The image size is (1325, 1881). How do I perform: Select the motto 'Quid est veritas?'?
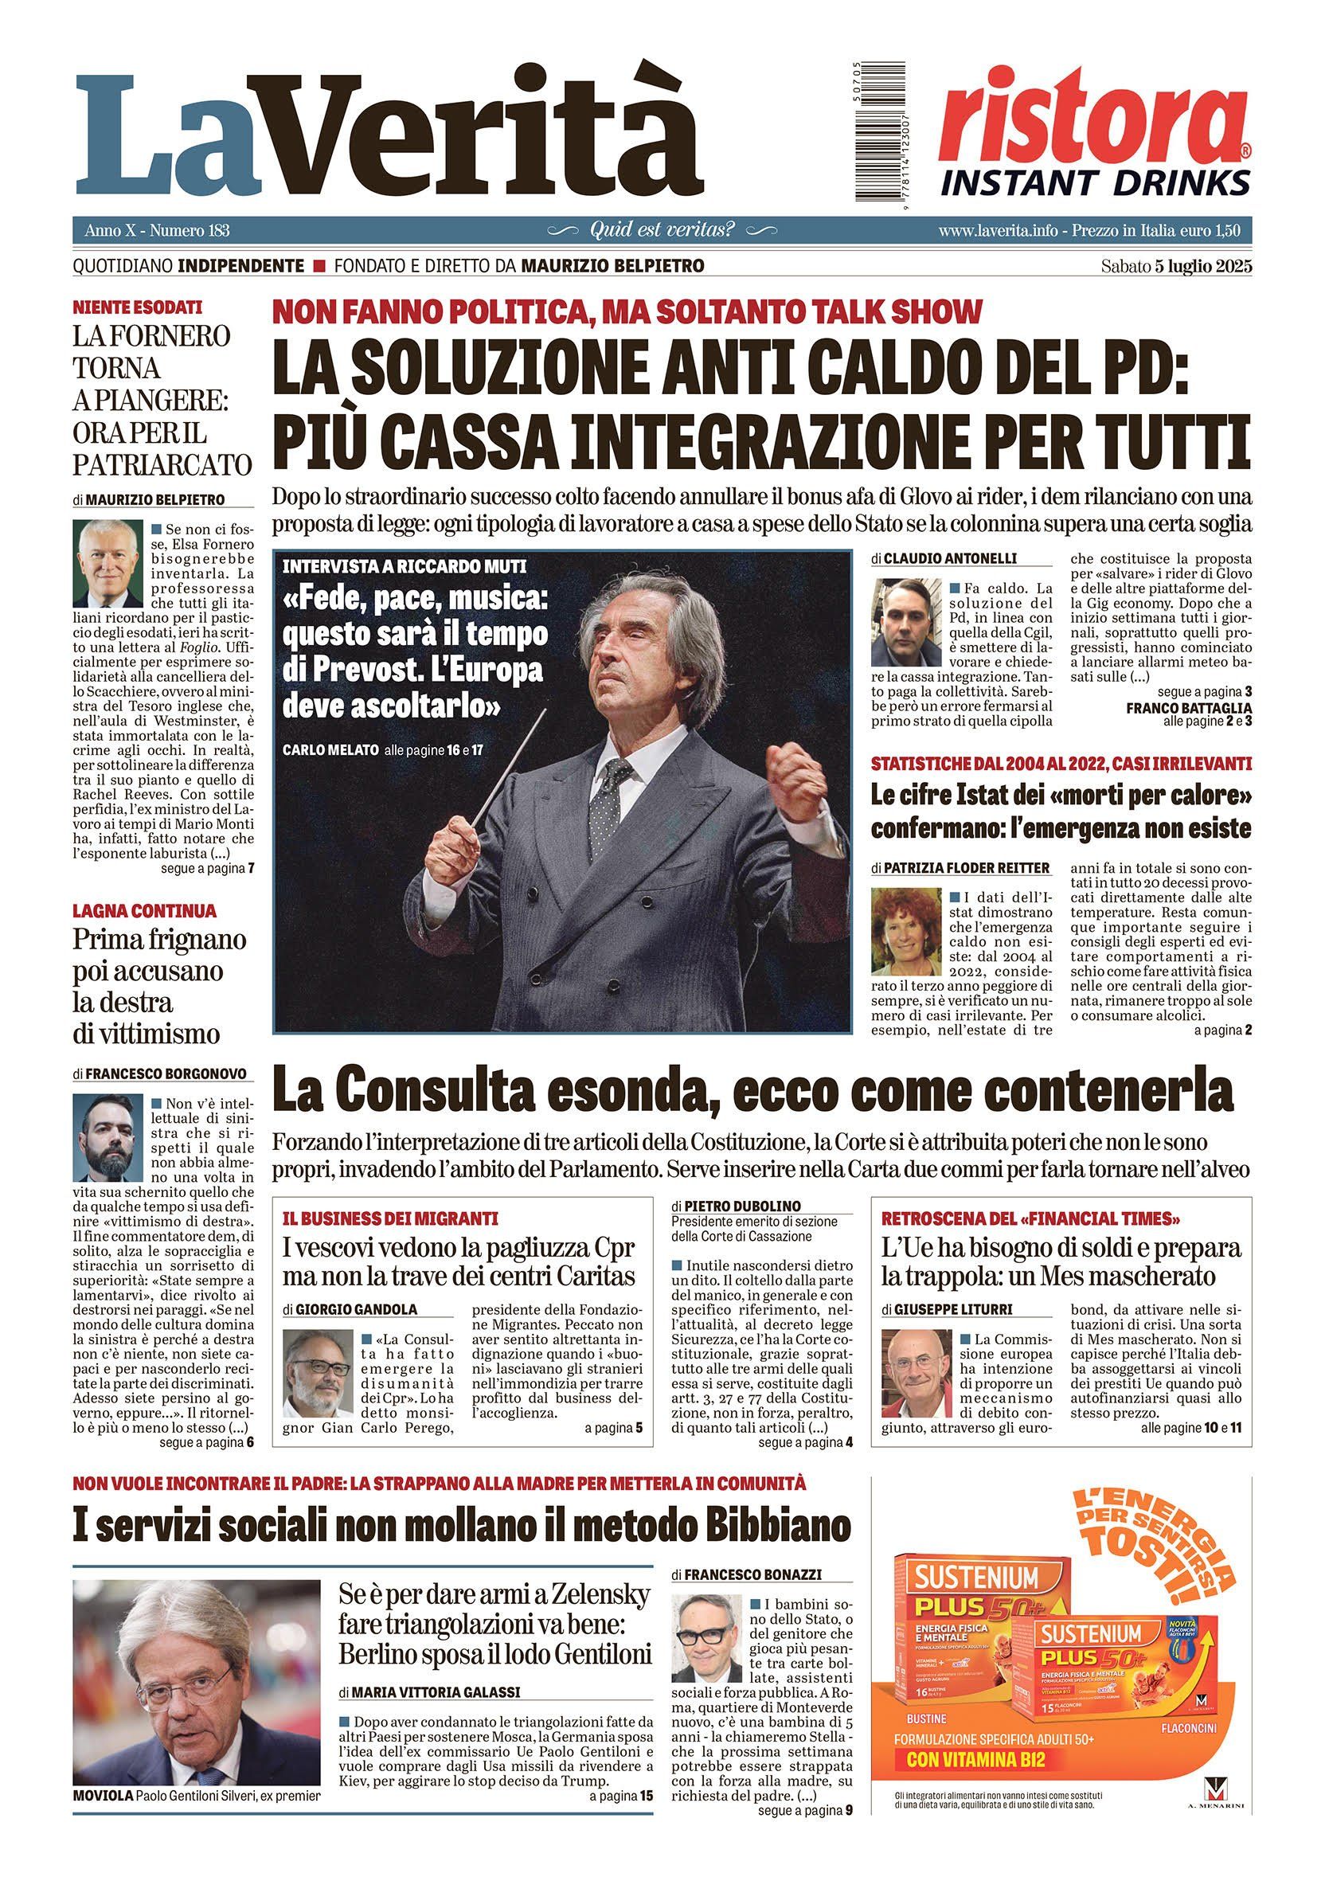pyautogui.click(x=662, y=230)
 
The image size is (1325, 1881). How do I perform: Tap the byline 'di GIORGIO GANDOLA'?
pyautogui.click(x=350, y=1309)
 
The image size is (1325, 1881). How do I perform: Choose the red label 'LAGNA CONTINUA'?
pyautogui.click(x=144, y=910)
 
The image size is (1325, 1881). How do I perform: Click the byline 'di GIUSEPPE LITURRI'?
pyautogui.click(x=948, y=1309)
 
